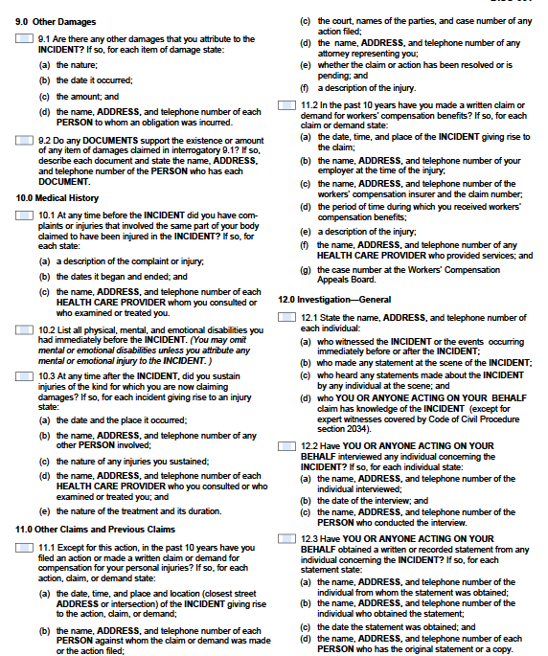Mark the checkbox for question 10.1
(x=25, y=215)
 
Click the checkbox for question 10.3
(x=25, y=375)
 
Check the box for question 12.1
(x=286, y=316)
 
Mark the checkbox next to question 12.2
(x=286, y=446)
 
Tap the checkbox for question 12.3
(x=286, y=538)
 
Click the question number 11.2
(x=307, y=103)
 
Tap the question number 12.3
(x=307, y=539)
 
